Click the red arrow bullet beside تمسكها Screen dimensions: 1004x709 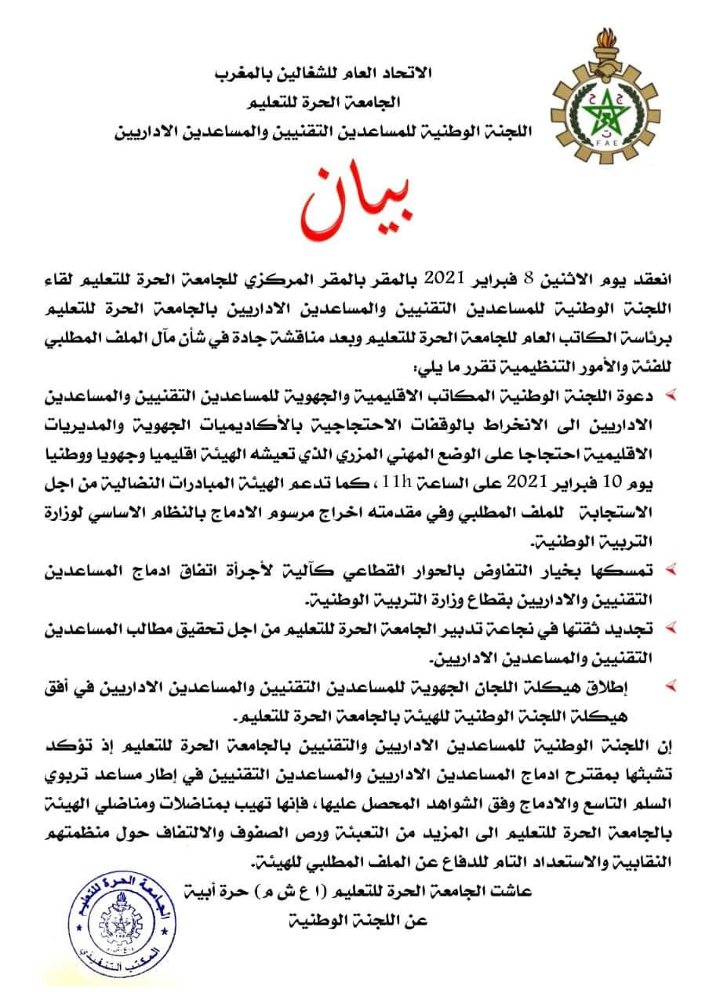click(x=672, y=567)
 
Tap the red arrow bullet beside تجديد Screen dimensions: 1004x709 click(x=672, y=628)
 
